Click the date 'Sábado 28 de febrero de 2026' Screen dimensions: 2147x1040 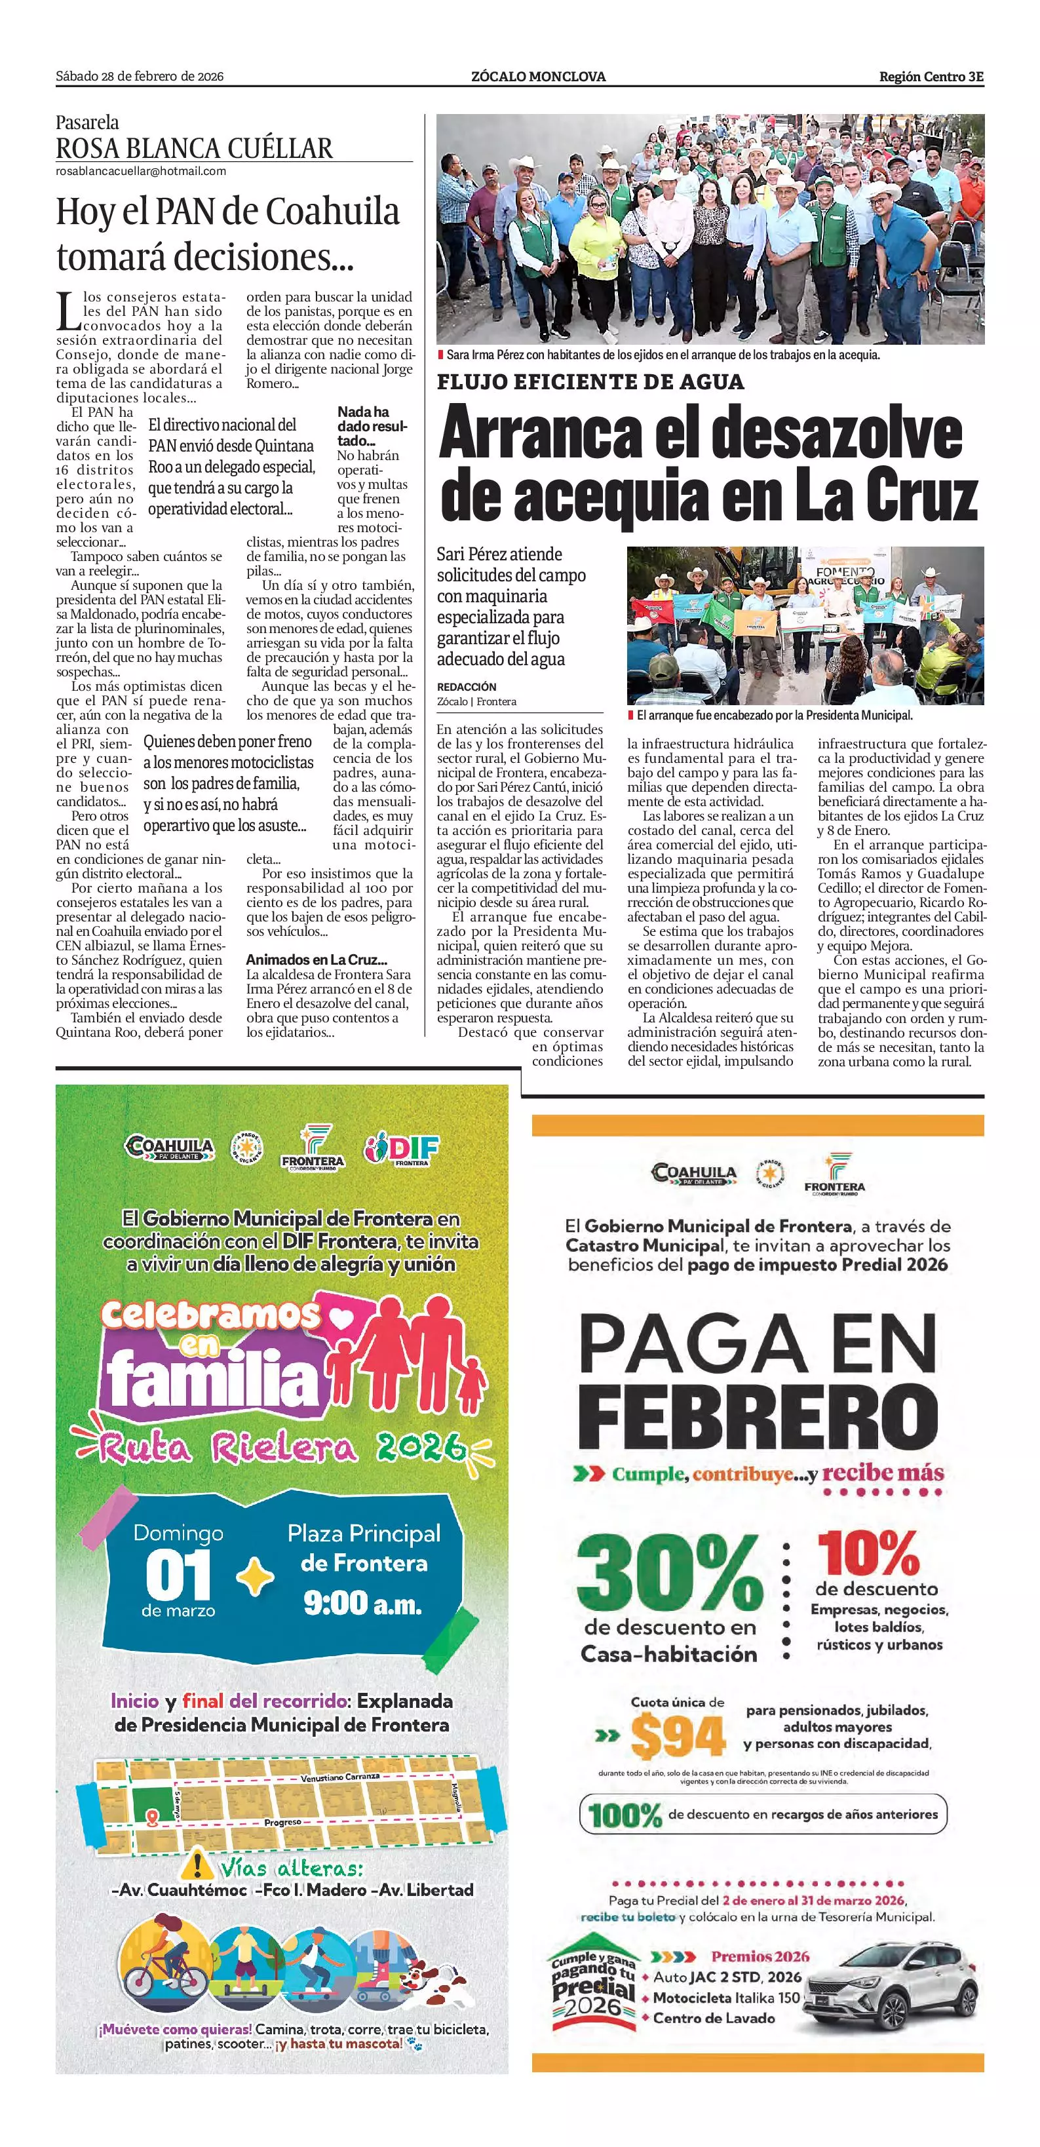[139, 77]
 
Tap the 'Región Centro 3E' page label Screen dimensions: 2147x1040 [931, 77]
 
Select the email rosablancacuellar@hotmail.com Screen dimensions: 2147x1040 [141, 171]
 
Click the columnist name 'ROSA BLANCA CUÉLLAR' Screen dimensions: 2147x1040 [194, 148]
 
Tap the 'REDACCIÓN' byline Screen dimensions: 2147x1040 [467, 687]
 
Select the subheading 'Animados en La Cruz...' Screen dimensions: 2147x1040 [316, 960]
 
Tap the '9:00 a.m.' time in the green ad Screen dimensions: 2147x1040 [362, 1602]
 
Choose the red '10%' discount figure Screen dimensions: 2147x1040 [868, 1552]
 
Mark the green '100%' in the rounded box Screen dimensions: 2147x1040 [625, 1815]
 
